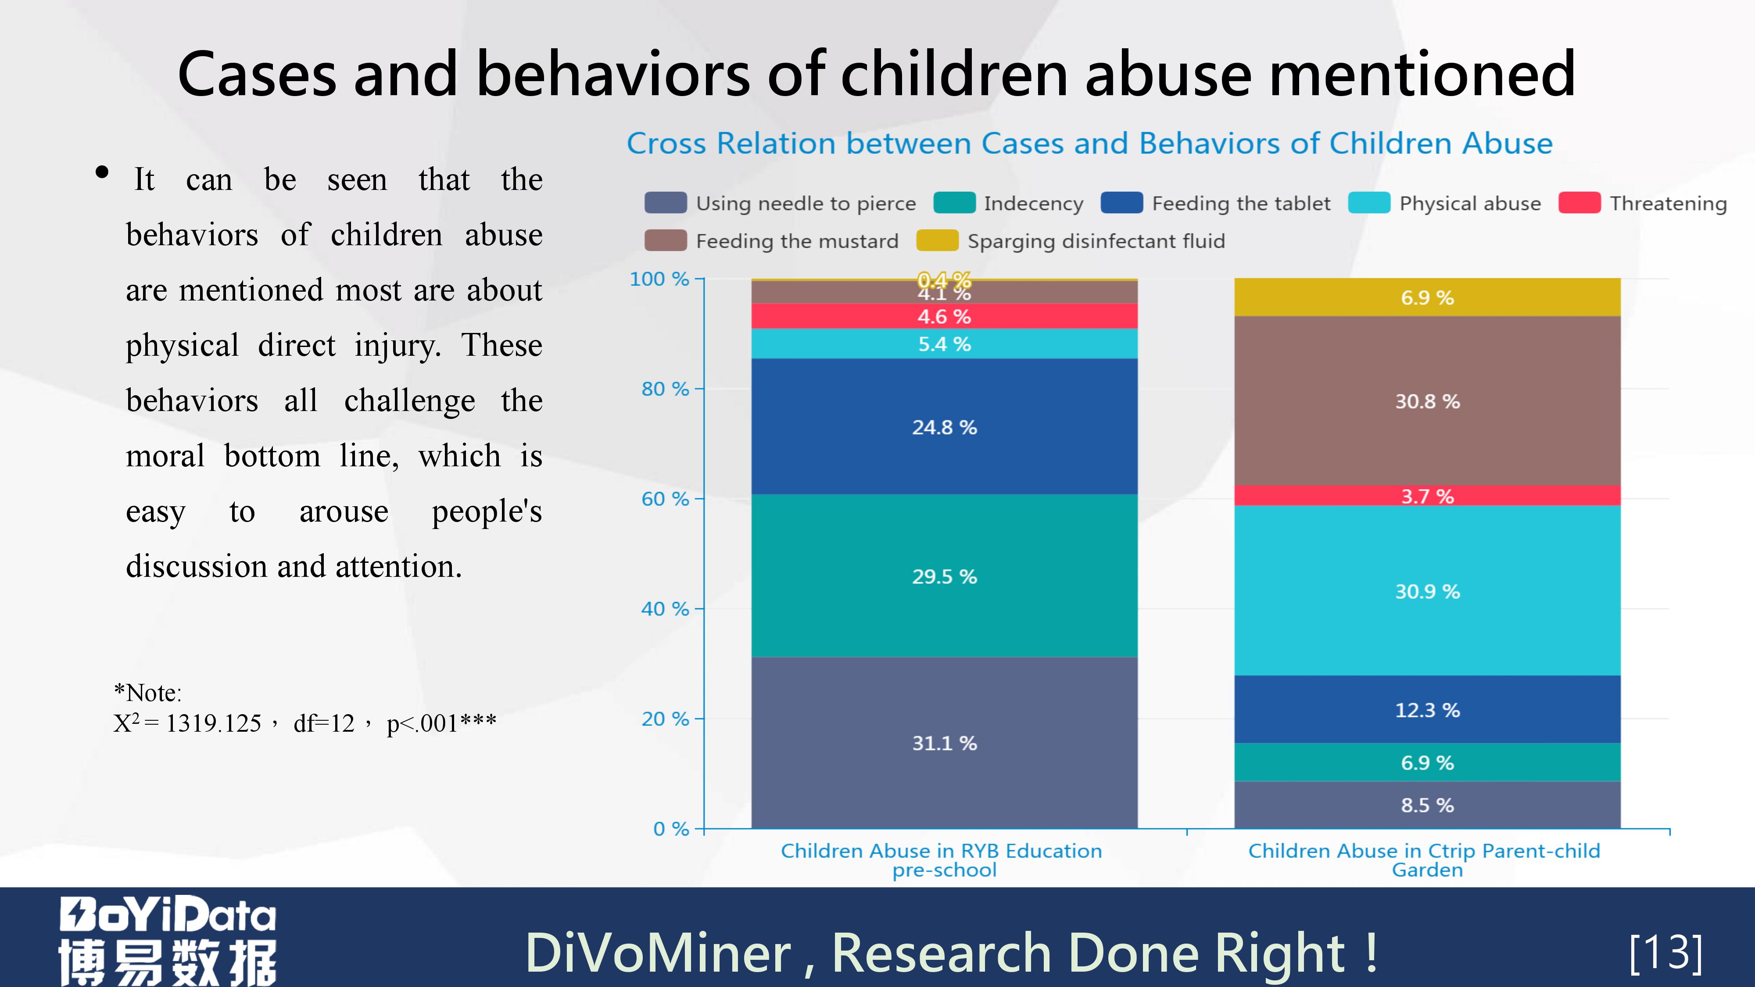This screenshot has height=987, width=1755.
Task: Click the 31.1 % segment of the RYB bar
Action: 944,743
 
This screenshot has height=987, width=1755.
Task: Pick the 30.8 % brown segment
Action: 1427,401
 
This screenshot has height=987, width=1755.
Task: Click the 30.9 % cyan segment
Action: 1427,590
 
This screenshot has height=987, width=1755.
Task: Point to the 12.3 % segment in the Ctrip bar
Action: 1427,710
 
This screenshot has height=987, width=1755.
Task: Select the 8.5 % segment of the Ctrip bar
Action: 1427,805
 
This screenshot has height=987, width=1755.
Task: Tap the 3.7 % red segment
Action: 1427,496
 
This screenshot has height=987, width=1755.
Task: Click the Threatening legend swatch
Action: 1579,203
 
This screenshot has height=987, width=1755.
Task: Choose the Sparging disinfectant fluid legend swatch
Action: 937,240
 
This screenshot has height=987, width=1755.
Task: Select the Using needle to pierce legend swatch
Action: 666,203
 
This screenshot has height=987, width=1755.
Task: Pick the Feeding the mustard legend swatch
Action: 666,240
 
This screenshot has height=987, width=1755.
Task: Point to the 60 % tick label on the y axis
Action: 664,499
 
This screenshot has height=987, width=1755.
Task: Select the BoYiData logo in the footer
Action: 168,940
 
